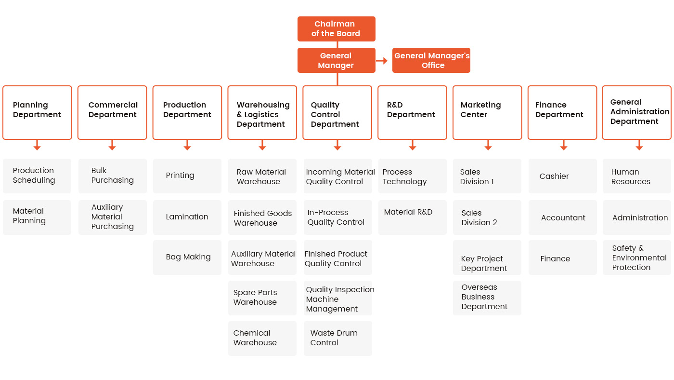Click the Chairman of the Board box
click(x=336, y=28)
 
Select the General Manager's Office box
click(x=431, y=60)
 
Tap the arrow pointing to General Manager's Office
click(x=382, y=61)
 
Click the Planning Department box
click(x=38, y=112)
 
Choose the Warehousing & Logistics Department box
click(x=262, y=112)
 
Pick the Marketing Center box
click(x=487, y=112)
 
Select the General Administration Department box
click(x=636, y=112)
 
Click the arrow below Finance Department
click(x=564, y=145)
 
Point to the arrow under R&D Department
click(x=413, y=145)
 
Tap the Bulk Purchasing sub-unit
click(x=113, y=176)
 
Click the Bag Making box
click(x=187, y=258)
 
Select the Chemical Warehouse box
click(x=262, y=339)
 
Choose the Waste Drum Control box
click(x=337, y=339)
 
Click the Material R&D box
click(x=412, y=217)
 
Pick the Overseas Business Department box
click(x=487, y=298)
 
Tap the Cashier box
click(x=563, y=176)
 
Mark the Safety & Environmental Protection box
click(x=636, y=258)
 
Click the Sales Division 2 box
click(x=487, y=217)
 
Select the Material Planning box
click(x=37, y=217)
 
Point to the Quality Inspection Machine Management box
click(x=337, y=298)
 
